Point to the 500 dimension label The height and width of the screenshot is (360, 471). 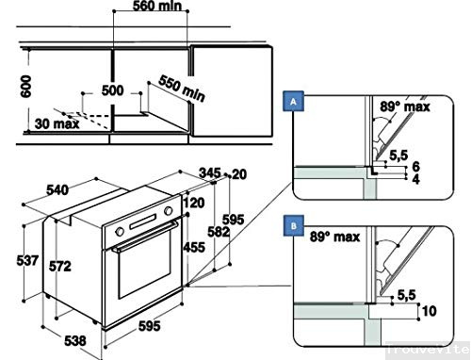point(113,90)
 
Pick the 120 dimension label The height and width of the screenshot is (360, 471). point(195,202)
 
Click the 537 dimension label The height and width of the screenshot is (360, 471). point(28,259)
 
